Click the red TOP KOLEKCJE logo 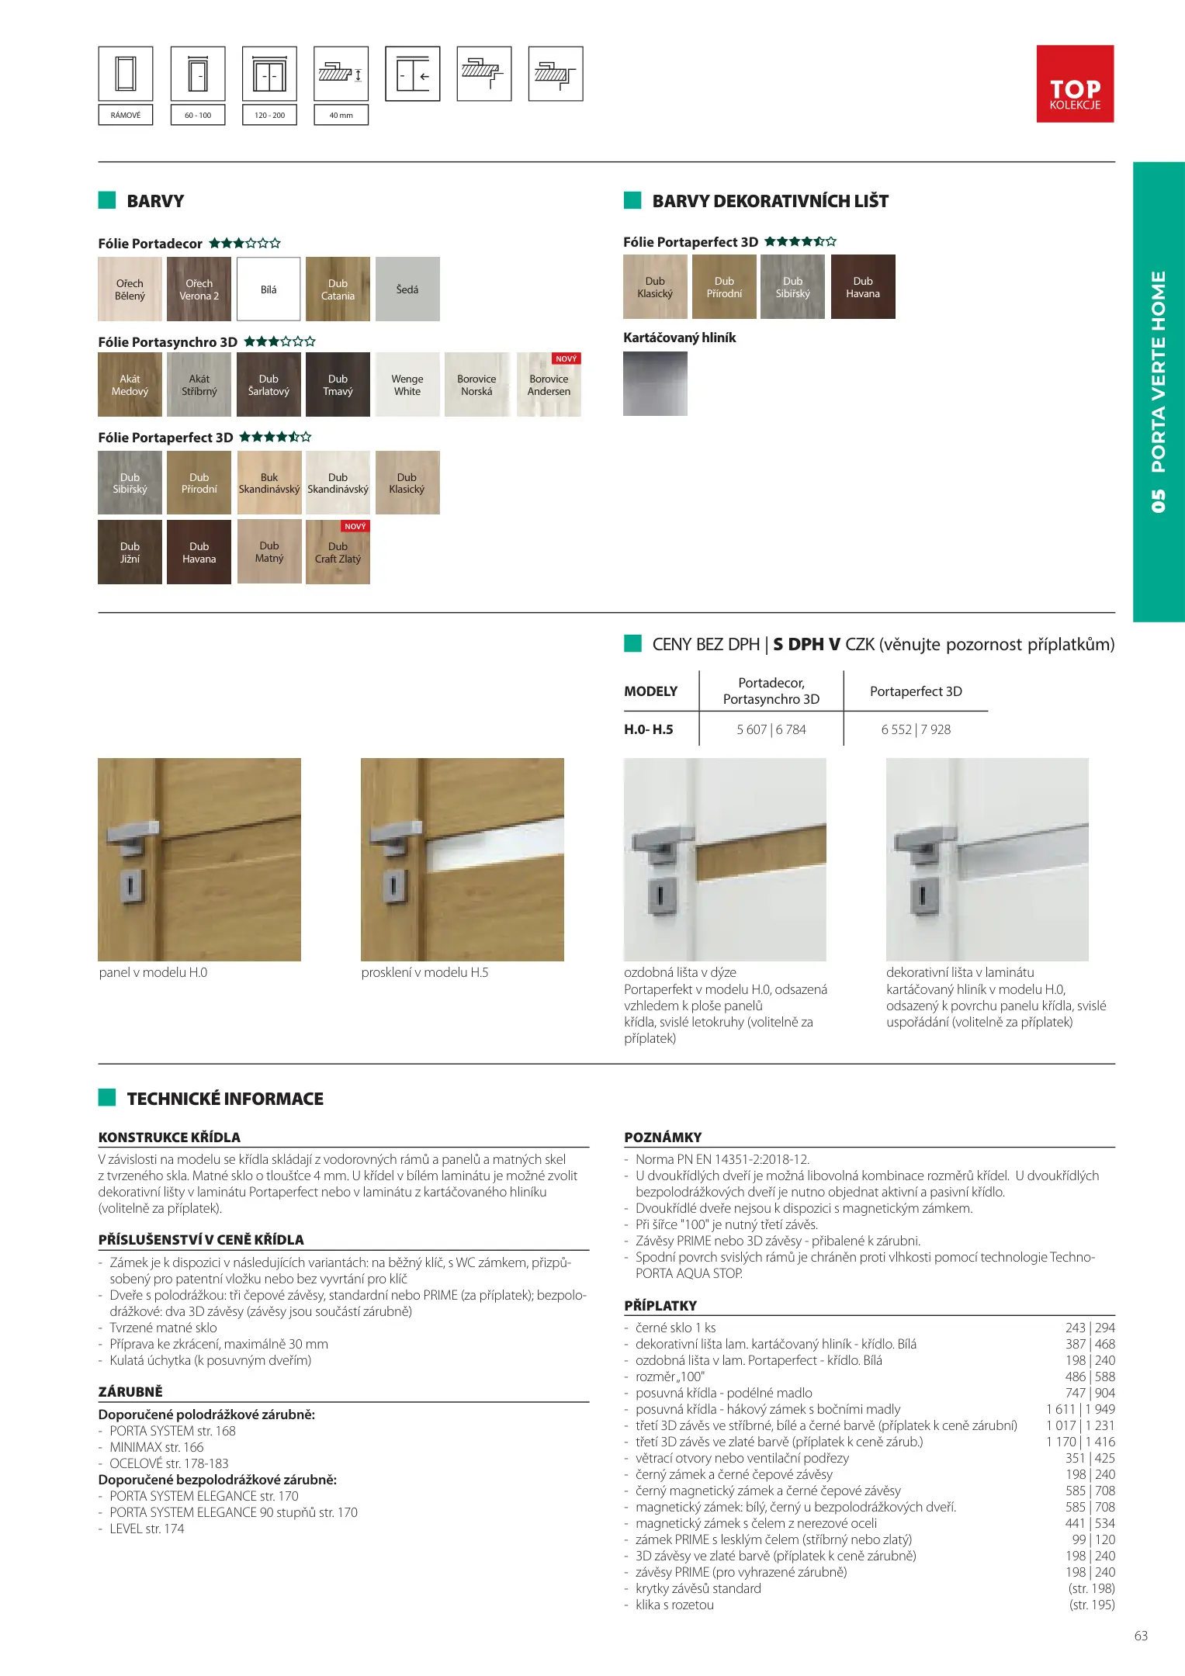click(x=1075, y=84)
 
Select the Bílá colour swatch click(x=269, y=289)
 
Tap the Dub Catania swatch click(x=338, y=289)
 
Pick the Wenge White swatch click(x=407, y=385)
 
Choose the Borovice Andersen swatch click(x=549, y=385)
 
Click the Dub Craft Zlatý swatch click(x=338, y=552)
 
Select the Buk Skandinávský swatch click(x=269, y=483)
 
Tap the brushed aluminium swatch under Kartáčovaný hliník click(x=655, y=383)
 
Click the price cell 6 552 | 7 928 click(x=916, y=729)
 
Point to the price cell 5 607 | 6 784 click(x=771, y=729)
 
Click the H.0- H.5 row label click(x=649, y=729)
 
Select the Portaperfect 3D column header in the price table click(x=916, y=691)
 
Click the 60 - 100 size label click(x=198, y=116)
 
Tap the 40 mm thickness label click(x=341, y=116)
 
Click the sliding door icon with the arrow click(x=413, y=74)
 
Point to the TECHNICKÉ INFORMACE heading click(x=225, y=1099)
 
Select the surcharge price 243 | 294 click(x=1090, y=1328)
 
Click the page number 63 click(x=1141, y=1636)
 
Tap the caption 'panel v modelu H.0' click(x=153, y=972)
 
